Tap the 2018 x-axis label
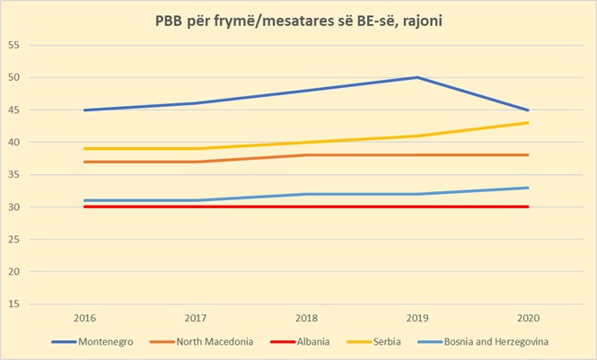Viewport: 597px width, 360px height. pyautogui.click(x=306, y=317)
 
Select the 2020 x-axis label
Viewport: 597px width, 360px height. pyautogui.click(x=528, y=317)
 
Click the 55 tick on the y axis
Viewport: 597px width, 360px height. pyautogui.click(x=14, y=45)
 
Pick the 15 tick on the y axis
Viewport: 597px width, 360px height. pyautogui.click(x=14, y=303)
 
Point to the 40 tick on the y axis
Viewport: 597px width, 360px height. pyautogui.click(x=14, y=142)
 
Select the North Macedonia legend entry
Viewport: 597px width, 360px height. pyautogui.click(x=214, y=342)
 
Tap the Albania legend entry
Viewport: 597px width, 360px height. pyautogui.click(x=313, y=342)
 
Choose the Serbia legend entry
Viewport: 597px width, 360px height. pyautogui.click(x=388, y=342)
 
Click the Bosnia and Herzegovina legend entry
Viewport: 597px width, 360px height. pyautogui.click(x=496, y=342)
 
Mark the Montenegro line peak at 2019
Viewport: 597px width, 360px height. pyautogui.click(x=417, y=77)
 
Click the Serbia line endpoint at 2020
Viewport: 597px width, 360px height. pyautogui.click(x=528, y=123)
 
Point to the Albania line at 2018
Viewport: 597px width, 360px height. pyautogui.click(x=306, y=206)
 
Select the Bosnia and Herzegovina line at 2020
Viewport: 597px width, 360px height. pyautogui.click(x=528, y=188)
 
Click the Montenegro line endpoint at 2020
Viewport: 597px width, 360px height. pyautogui.click(x=528, y=110)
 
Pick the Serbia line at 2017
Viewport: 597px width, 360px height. pyautogui.click(x=195, y=148)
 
